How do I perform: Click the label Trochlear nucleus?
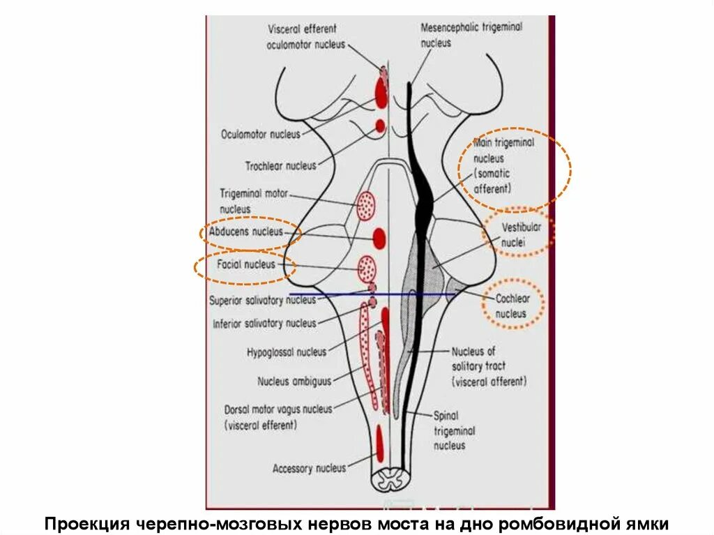click(280, 166)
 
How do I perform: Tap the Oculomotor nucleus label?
click(260, 133)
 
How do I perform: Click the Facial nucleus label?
click(245, 265)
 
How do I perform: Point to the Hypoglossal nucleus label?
click(286, 352)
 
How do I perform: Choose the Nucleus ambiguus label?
click(294, 382)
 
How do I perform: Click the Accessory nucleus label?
click(309, 469)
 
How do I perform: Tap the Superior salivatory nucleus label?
click(262, 300)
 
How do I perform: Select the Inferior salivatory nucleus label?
click(264, 324)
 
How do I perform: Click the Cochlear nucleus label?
click(512, 306)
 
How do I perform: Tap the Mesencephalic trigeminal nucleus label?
click(471, 34)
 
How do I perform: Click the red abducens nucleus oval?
click(379, 239)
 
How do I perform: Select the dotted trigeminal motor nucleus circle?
click(367, 206)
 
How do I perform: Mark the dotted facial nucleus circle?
click(367, 267)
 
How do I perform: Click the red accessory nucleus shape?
click(379, 442)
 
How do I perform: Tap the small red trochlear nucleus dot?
click(380, 126)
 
